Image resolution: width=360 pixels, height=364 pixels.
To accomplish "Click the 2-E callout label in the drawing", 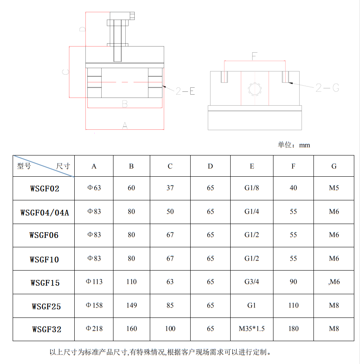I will [185, 91].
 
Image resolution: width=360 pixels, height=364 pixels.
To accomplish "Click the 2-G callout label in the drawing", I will [327, 87].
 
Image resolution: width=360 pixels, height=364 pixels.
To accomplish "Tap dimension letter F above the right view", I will [254, 56].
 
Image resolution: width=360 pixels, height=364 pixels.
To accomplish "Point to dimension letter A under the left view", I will [125, 126].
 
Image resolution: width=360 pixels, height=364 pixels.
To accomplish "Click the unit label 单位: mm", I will [294, 145].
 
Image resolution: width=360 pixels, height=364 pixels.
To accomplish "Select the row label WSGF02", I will [44, 189].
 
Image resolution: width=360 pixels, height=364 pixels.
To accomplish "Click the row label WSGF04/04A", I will [44, 212].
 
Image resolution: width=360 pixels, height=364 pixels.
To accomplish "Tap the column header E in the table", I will [252, 166].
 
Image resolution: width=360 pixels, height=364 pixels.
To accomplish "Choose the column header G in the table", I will [334, 166].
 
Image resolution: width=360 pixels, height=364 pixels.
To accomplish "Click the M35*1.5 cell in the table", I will [252, 328].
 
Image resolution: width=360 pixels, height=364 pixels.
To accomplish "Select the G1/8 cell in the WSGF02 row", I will [252, 188].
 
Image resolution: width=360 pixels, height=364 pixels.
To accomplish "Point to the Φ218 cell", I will [94, 328].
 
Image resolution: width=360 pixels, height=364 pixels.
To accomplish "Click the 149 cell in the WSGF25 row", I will [131, 305].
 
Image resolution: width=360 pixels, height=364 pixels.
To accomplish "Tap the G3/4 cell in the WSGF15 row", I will [252, 282].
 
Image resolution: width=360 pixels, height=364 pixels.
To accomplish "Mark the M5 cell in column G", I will [334, 188].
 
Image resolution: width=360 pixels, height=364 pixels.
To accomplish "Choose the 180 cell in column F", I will [293, 328].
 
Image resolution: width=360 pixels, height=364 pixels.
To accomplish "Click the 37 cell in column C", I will [170, 188].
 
